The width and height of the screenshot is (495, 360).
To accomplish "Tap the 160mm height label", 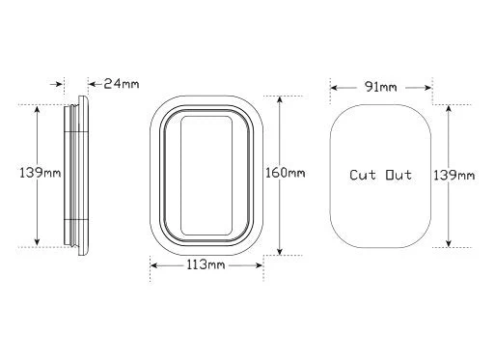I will click(285, 173).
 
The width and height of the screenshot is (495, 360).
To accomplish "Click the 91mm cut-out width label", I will click(380, 88).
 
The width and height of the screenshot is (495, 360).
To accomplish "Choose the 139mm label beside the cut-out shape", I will click(454, 174).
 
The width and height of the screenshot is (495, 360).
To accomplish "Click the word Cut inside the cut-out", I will click(364, 175).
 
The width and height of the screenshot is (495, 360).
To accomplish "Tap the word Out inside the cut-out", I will click(398, 175).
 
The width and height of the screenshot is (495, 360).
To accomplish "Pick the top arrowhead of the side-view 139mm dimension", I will click(38, 108).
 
